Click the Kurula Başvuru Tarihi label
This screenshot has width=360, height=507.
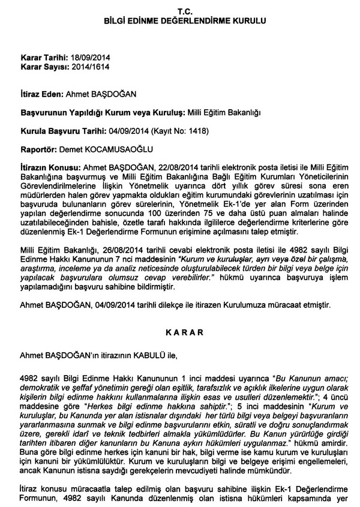(64, 130)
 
